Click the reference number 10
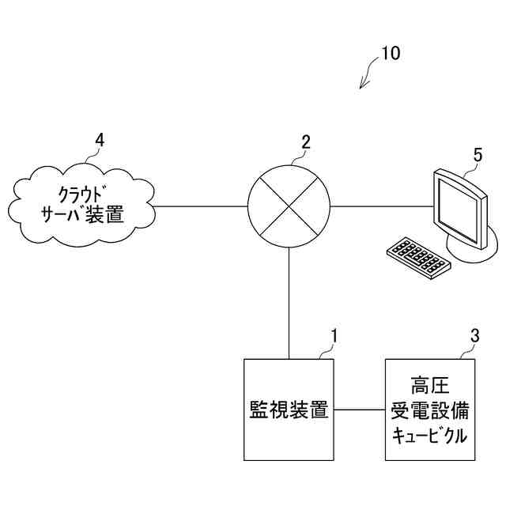click(x=391, y=54)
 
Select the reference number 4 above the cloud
click(x=99, y=140)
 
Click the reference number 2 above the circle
click(x=306, y=142)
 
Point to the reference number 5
click(x=478, y=154)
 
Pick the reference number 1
click(x=334, y=335)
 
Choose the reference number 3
click(x=474, y=335)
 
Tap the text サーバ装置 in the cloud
click(x=83, y=213)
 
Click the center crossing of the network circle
click(x=289, y=206)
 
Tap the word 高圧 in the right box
click(x=430, y=387)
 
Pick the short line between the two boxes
click(x=360, y=410)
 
